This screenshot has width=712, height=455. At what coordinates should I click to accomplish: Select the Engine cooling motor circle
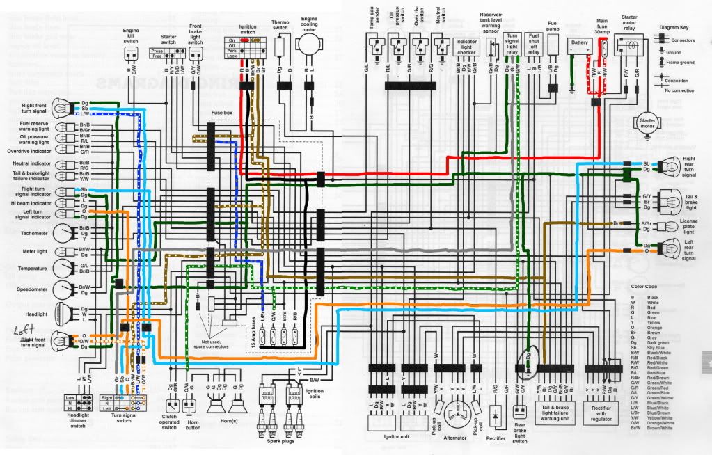pos(308,42)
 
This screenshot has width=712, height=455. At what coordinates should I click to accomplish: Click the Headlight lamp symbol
pos(64,315)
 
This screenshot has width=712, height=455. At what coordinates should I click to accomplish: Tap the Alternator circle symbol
pos(457,410)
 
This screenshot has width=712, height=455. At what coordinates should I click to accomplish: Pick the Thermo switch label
pos(280,26)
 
